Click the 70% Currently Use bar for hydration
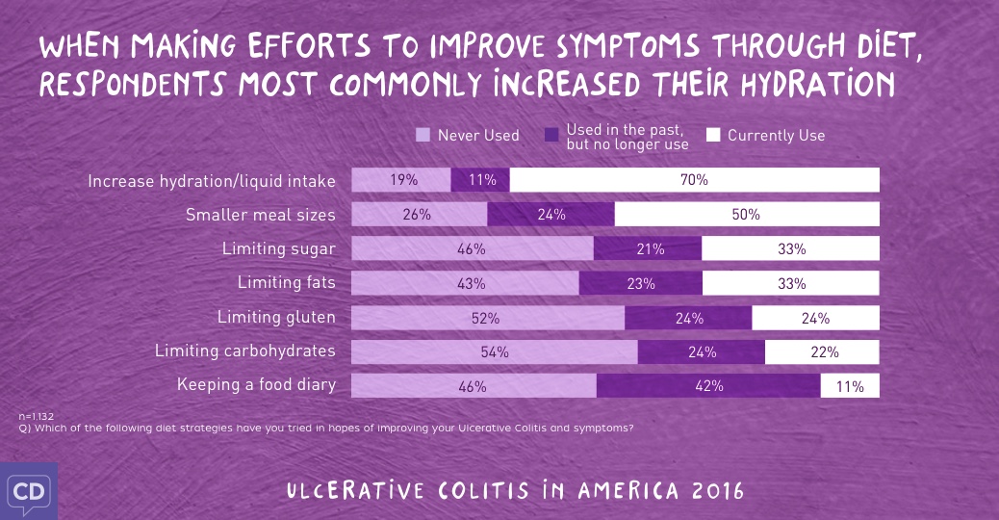tap(694, 180)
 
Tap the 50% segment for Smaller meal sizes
tap(746, 215)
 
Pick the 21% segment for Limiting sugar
tap(648, 248)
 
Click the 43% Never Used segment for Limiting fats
tap(465, 283)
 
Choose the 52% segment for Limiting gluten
tap(488, 318)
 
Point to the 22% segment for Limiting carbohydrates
tap(822, 351)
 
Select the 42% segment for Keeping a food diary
tap(708, 386)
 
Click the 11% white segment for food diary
tap(850, 386)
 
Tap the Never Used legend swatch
tap(423, 135)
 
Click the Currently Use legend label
tap(776, 135)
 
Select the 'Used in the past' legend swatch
tap(552, 135)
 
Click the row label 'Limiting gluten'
tap(276, 317)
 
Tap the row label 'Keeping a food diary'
tap(256, 385)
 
